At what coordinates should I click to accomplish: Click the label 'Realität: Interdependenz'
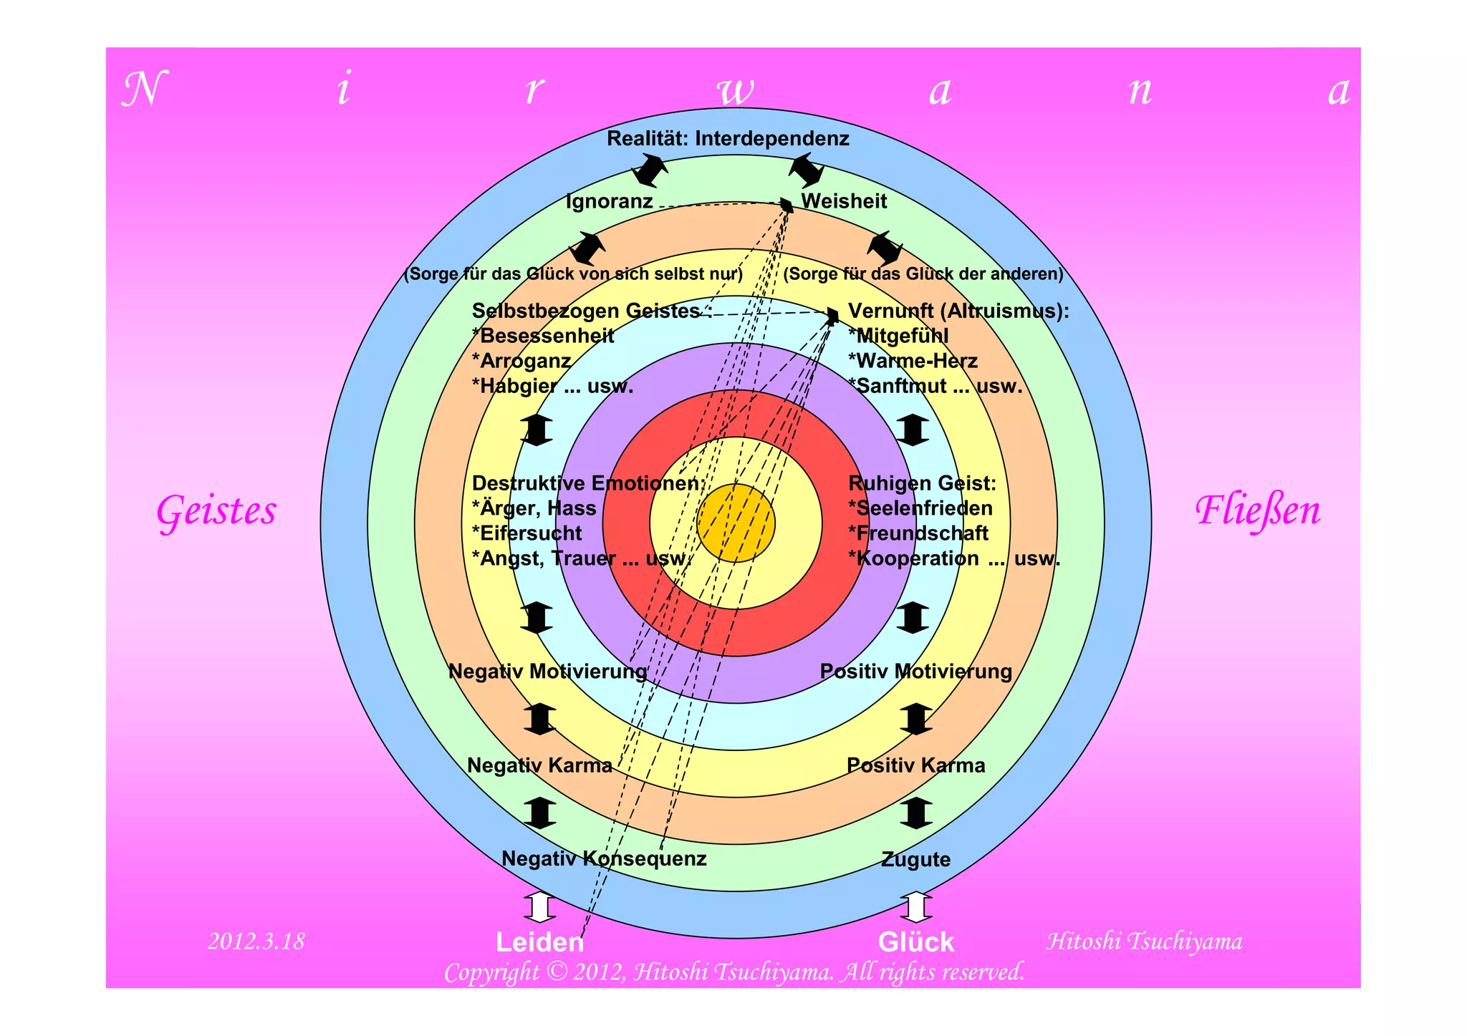(728, 138)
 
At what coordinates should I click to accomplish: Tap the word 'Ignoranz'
(609, 201)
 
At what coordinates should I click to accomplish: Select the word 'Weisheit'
(844, 201)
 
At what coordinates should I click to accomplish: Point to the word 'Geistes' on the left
(216, 511)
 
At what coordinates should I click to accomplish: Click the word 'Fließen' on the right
(1257, 511)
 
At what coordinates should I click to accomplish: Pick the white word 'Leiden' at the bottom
(539, 942)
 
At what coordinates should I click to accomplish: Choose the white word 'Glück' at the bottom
(916, 942)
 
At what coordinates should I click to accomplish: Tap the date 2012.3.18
(256, 941)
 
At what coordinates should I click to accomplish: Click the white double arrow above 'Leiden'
(539, 907)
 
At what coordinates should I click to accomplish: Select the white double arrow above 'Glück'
(916, 907)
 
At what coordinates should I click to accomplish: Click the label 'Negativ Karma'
(539, 765)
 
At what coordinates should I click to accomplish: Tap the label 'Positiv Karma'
(915, 765)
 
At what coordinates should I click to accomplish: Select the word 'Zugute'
(915, 859)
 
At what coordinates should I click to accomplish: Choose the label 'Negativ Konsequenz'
(604, 858)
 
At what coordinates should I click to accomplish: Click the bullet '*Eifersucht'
(526, 533)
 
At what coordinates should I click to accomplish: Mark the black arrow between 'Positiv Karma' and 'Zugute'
(916, 813)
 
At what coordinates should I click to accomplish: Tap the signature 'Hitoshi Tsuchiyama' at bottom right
(1144, 941)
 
